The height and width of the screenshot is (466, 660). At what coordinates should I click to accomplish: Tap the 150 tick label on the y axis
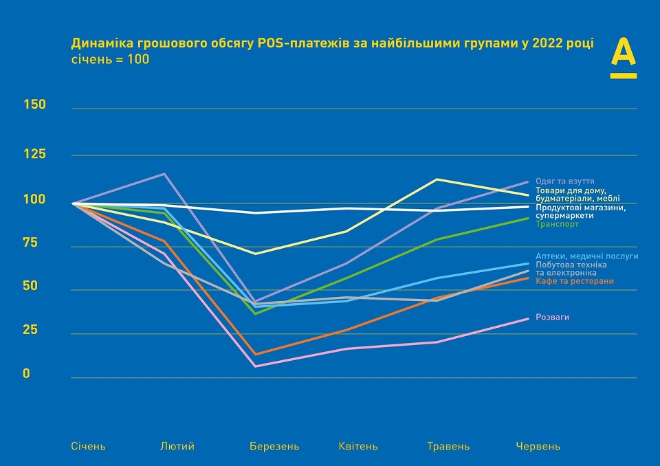click(34, 104)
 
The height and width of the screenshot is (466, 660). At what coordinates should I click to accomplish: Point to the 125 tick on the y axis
click(34, 154)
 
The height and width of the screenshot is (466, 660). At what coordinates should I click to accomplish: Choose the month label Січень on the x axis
click(89, 446)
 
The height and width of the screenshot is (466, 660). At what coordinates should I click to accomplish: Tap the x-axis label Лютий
click(177, 446)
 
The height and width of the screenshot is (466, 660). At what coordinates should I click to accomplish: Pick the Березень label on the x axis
click(274, 446)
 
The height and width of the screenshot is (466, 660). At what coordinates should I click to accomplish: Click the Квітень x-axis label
click(358, 446)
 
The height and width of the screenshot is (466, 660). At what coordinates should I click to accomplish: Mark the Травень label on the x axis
click(448, 446)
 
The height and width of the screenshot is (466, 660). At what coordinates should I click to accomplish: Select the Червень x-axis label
click(538, 446)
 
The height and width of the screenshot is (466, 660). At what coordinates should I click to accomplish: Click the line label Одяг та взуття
click(565, 181)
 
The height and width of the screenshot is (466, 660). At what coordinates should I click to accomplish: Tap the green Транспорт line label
click(557, 224)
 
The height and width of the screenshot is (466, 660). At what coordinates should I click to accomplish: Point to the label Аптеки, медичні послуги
click(587, 256)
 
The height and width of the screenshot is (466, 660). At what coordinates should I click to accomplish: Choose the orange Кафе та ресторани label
click(575, 281)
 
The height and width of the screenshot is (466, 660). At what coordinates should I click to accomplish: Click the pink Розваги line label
click(553, 317)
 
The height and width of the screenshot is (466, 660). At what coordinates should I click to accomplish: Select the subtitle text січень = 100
click(110, 60)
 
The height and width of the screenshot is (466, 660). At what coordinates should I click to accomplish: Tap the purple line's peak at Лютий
click(164, 174)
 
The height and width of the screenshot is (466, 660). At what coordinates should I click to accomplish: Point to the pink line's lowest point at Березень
click(256, 366)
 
